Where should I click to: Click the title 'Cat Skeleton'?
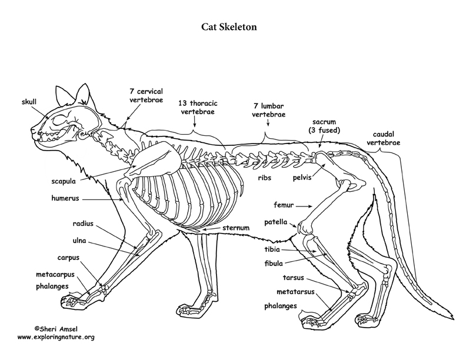pos(229,27)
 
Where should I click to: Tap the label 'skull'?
pos(29,102)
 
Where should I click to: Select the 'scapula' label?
pos(64,182)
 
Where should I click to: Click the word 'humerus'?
pos(65,198)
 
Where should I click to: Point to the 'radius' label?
pos(83,224)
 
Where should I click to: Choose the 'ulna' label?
pos(79,241)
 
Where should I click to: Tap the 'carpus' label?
pos(68,258)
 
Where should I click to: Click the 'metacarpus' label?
pos(55,275)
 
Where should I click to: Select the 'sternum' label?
pos(236,228)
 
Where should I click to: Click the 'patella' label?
pos(276,222)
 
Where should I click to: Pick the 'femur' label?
pos(284,205)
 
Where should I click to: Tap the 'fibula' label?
pos(274,263)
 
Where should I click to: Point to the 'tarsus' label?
pos(294,278)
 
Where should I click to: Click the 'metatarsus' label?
pos(295,292)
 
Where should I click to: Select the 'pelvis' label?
pos(302,178)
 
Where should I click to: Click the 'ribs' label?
pos(265,178)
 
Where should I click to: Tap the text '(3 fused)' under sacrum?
pos(324,130)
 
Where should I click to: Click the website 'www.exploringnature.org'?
pos(56,337)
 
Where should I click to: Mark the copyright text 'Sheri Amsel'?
pos(59,329)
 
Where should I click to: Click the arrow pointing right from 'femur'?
pos(304,206)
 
